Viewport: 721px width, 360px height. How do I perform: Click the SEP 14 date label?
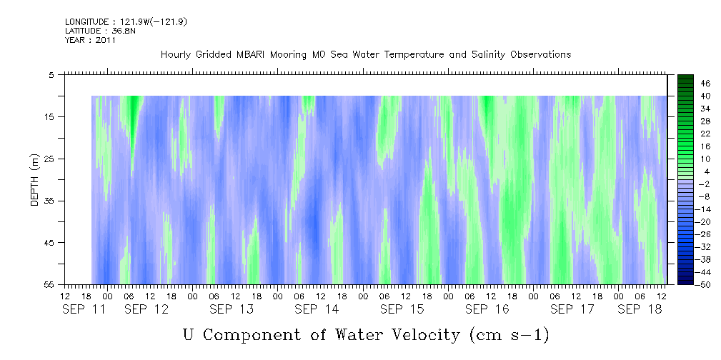(x=317, y=309)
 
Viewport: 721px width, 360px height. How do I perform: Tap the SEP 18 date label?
(x=640, y=309)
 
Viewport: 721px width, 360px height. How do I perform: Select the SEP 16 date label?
(x=487, y=309)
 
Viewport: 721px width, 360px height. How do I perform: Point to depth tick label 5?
(x=51, y=74)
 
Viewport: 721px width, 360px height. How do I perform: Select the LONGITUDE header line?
(x=116, y=22)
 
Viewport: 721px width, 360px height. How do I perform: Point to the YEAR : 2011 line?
(x=90, y=41)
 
